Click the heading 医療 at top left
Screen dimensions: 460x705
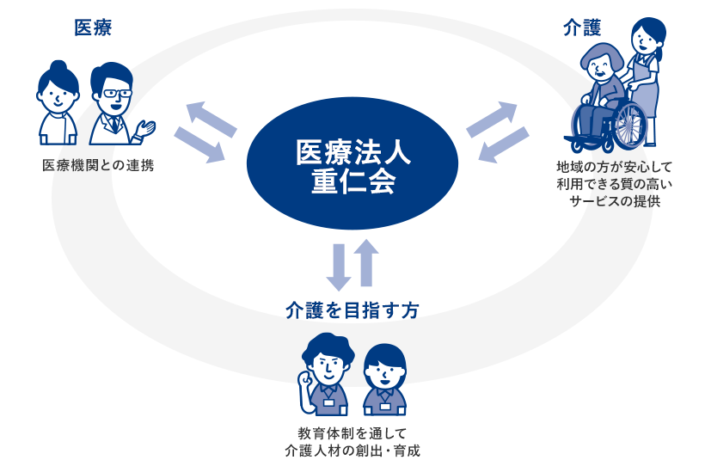93,28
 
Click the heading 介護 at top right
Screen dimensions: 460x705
581,28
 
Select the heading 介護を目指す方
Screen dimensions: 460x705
352,311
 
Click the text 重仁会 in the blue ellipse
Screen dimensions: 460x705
353,181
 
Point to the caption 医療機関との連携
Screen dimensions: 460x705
98,165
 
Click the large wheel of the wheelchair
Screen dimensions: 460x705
628,125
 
